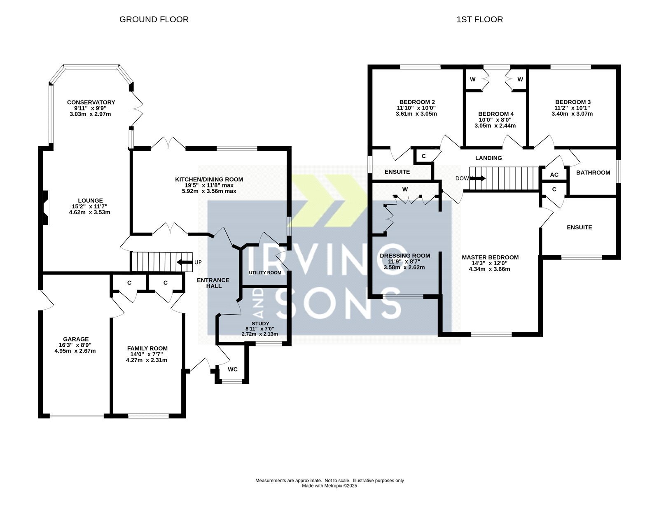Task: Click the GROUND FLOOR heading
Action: (x=154, y=19)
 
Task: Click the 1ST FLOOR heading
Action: (x=479, y=19)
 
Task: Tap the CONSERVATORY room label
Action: (x=91, y=102)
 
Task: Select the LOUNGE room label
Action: (x=90, y=201)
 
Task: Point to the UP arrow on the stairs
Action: (x=185, y=262)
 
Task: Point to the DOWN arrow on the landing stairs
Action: (x=478, y=178)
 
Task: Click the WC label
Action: (x=233, y=369)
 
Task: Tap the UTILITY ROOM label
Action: (x=265, y=273)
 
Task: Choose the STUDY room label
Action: (x=260, y=323)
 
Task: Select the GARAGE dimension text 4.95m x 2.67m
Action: (x=75, y=351)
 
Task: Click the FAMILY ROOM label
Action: (x=147, y=348)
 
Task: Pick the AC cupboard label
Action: (x=554, y=175)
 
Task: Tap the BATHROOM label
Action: (x=593, y=173)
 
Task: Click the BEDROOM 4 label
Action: (x=496, y=114)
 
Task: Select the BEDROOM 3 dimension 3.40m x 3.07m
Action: (x=572, y=114)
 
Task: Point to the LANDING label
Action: (x=488, y=158)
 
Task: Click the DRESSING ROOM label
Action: (x=405, y=256)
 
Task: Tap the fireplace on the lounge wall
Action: (x=46, y=208)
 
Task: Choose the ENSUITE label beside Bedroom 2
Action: (x=397, y=172)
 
